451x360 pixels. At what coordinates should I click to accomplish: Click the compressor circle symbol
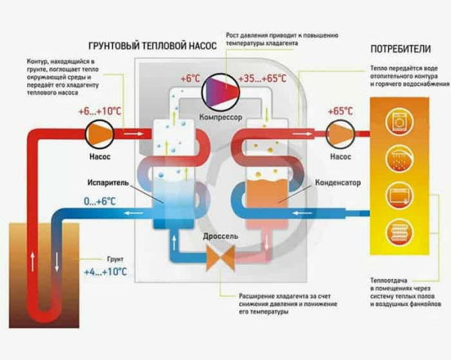pos(221,92)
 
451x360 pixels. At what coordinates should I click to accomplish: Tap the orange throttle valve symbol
pos(220,258)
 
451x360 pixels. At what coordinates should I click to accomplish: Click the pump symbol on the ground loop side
pos(99,134)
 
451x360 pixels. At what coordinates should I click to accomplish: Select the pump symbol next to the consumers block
pos(341,134)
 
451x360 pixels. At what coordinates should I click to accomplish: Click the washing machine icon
pos(399,121)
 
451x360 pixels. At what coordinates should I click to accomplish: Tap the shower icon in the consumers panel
pos(399,159)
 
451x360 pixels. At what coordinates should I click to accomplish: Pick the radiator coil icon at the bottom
pos(399,232)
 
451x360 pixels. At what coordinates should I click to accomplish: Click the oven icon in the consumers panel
pos(399,196)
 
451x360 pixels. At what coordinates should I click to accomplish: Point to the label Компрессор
pos(220,117)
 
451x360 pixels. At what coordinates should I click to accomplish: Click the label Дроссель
pos(220,236)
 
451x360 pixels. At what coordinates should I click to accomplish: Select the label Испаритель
pos(108,183)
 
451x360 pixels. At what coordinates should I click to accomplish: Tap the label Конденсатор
pos(337,183)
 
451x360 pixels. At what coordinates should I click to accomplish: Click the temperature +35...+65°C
pos(262,78)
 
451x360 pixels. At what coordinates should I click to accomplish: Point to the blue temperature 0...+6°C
pos(99,201)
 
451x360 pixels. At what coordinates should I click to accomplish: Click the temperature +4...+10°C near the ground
pos(105,272)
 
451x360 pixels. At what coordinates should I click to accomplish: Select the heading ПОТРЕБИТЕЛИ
pos(401,49)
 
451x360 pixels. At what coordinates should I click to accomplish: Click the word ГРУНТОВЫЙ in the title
pos(114,46)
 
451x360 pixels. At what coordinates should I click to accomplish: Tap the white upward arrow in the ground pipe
pos(33,262)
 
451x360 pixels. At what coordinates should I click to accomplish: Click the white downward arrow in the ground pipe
pos(56,262)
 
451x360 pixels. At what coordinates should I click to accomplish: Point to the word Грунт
pos(115,259)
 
